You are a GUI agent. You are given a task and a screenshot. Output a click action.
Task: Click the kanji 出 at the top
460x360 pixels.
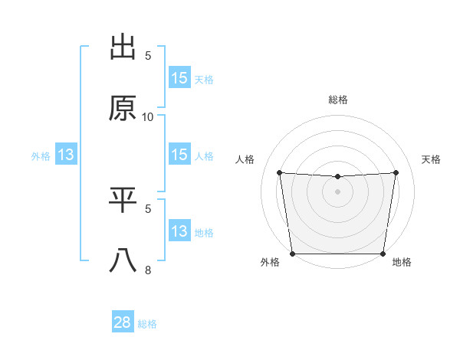(x=123, y=47)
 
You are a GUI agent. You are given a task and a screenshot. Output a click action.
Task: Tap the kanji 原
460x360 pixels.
(x=123, y=108)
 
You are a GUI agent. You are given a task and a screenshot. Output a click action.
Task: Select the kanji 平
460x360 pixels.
(x=123, y=200)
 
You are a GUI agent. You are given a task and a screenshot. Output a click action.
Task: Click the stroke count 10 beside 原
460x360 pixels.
(x=148, y=117)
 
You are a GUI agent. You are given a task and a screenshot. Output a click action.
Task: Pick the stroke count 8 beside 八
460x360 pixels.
(x=148, y=270)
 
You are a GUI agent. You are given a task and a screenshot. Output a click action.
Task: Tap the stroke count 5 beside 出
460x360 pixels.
(x=148, y=55)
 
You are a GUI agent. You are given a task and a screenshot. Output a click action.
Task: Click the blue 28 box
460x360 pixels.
(x=123, y=322)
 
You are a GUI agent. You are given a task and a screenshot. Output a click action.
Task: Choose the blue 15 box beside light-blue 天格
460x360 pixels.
(x=179, y=78)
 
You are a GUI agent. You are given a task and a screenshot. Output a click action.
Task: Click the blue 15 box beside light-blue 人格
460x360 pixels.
(x=179, y=155)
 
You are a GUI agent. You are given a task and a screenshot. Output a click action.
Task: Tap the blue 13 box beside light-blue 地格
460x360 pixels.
(x=179, y=231)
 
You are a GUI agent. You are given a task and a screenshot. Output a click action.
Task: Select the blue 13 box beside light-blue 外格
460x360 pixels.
(x=66, y=155)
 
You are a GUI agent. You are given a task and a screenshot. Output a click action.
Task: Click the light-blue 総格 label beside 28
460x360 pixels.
(x=148, y=324)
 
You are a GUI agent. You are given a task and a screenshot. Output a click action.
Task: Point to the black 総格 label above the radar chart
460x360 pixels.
(x=338, y=100)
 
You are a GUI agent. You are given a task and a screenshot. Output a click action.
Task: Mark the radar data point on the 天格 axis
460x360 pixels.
(x=396, y=172)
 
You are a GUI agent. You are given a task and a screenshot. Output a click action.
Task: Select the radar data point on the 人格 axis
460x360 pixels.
(x=280, y=172)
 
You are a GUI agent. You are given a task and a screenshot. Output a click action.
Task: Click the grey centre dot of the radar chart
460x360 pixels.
(x=338, y=191)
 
